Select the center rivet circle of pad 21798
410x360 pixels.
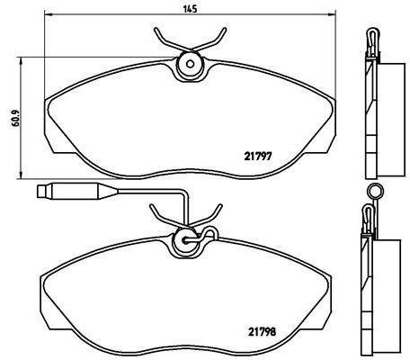click(186, 240)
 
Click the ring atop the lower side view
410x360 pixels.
click(375, 190)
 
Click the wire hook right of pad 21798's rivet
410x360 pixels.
click(210, 236)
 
